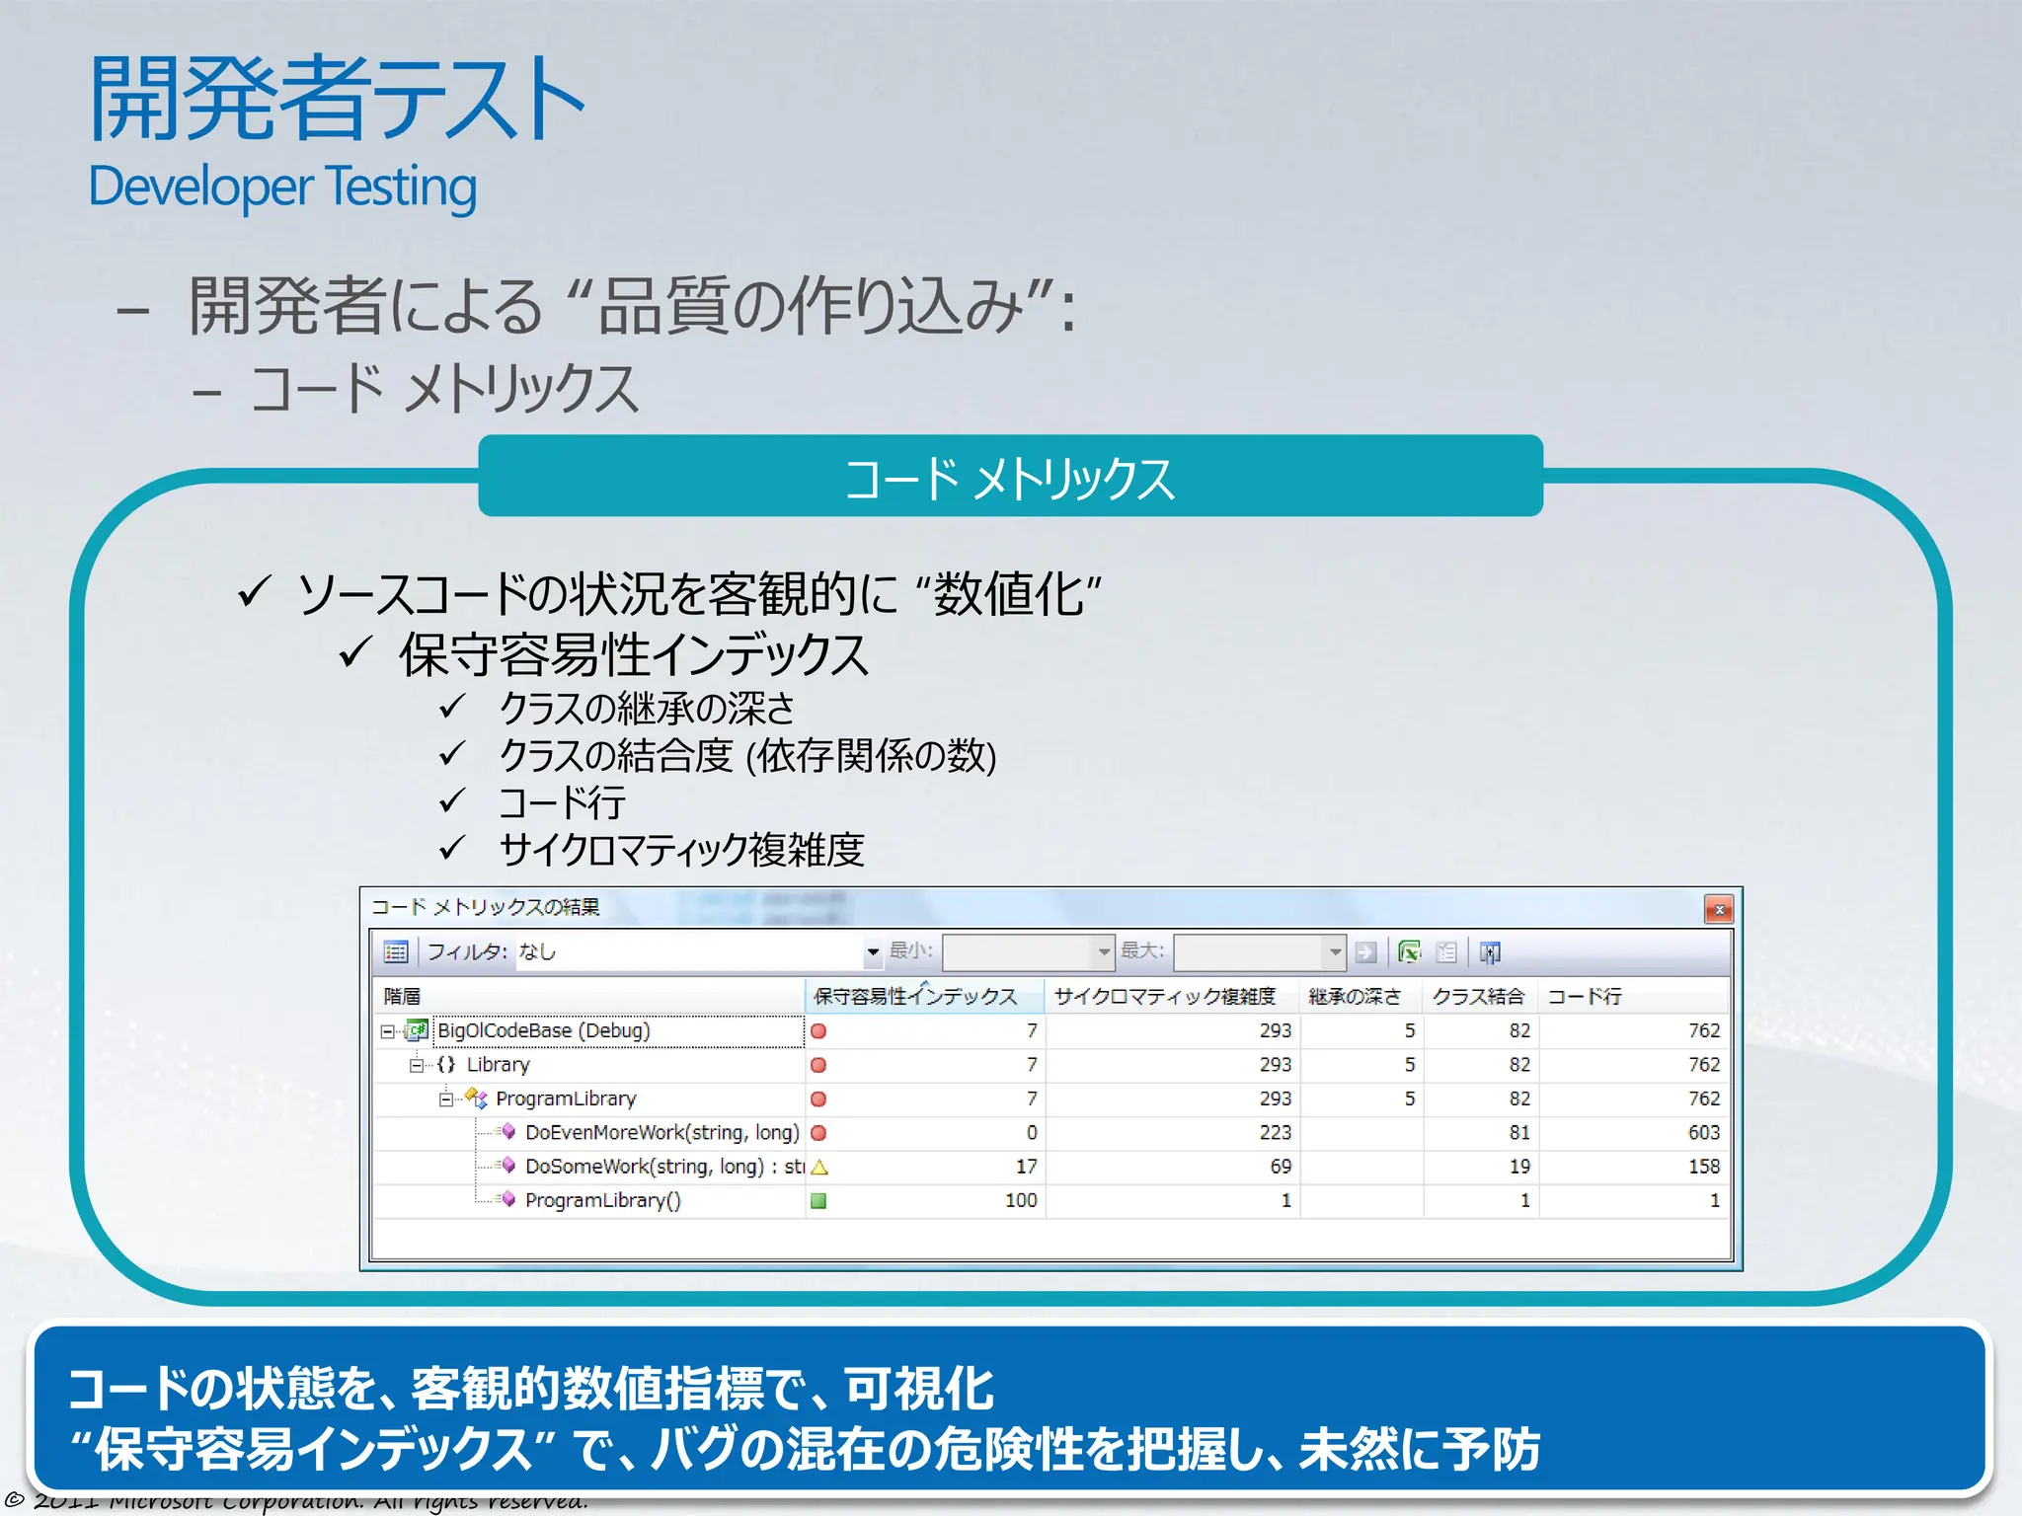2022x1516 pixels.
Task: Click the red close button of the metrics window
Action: (1719, 909)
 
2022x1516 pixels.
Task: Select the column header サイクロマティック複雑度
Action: (1164, 997)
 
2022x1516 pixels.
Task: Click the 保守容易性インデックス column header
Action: (914, 997)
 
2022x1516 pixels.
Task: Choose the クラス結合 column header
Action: (1477, 997)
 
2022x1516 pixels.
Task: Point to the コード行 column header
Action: (1584, 997)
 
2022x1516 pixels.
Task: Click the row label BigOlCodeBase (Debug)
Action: (543, 1030)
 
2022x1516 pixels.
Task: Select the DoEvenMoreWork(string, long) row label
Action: (661, 1133)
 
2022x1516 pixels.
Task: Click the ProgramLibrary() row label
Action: (602, 1201)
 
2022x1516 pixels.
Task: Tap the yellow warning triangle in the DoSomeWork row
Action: (818, 1168)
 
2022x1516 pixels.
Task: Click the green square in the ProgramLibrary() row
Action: (818, 1201)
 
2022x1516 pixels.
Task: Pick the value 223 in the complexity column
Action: (1275, 1133)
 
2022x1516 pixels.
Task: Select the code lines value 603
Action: (1703, 1133)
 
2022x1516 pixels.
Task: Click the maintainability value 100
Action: (1021, 1201)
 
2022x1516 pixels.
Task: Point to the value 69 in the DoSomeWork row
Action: (1281, 1167)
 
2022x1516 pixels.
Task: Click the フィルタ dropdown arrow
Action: (873, 952)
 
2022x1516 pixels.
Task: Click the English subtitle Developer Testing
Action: (282, 187)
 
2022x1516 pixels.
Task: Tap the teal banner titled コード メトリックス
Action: (1009, 477)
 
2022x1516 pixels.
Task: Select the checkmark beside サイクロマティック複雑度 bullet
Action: (452, 848)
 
